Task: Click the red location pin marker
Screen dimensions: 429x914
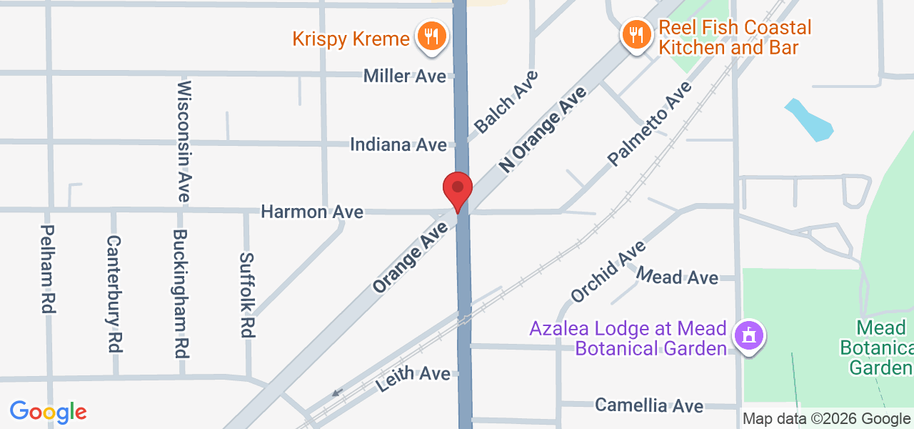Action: (x=458, y=190)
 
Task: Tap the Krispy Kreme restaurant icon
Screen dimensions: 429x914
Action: (x=431, y=35)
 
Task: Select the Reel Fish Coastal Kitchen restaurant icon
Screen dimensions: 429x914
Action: (x=635, y=34)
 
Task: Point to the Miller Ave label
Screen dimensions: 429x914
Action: (x=404, y=76)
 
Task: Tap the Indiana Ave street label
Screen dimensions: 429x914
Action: (x=398, y=144)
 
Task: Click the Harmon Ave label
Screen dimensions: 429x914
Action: (x=312, y=212)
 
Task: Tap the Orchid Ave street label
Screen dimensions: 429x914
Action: (x=608, y=271)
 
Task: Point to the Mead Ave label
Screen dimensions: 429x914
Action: (x=676, y=276)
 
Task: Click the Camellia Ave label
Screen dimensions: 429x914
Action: (x=649, y=405)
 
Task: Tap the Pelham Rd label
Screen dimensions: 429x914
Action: (x=48, y=269)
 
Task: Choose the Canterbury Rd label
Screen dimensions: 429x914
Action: (x=114, y=293)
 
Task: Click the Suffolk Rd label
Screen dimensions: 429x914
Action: (x=247, y=295)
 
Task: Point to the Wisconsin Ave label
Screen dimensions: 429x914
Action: (x=184, y=141)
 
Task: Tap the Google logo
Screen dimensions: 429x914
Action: (x=48, y=412)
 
